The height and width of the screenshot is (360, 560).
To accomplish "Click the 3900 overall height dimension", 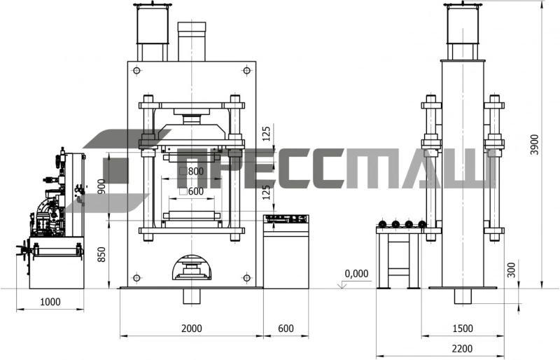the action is pyautogui.click(x=534, y=144).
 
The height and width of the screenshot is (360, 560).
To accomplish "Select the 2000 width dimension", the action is pyautogui.click(x=192, y=328).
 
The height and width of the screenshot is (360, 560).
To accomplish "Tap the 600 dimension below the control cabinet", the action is pyautogui.click(x=286, y=328).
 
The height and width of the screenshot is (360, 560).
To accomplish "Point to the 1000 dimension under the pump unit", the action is pyautogui.click(x=50, y=302).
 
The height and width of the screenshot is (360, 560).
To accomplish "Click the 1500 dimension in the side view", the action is pyautogui.click(x=463, y=328).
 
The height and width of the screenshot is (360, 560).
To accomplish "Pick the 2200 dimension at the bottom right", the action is pyautogui.click(x=463, y=348).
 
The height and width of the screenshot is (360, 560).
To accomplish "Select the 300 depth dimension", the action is pyautogui.click(x=512, y=270).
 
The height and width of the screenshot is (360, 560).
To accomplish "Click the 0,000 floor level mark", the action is pyautogui.click(x=356, y=274).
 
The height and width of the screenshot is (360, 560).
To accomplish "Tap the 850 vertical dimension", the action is pyautogui.click(x=101, y=254).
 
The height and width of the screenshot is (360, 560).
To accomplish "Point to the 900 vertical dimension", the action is pyautogui.click(x=101, y=186).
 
